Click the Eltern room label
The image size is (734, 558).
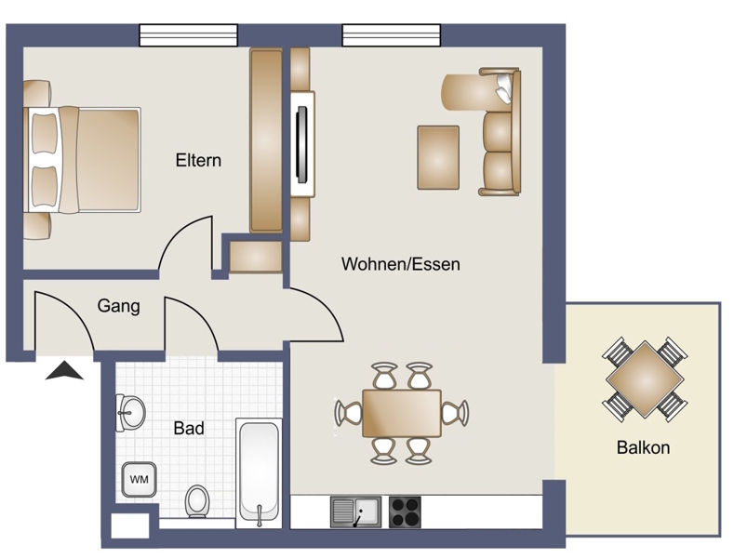(x=198, y=160)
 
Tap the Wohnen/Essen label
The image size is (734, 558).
(x=401, y=264)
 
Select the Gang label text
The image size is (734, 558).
(x=118, y=306)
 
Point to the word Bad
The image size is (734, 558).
(x=189, y=428)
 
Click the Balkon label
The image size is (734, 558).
(x=643, y=447)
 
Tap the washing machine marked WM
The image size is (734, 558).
(x=139, y=479)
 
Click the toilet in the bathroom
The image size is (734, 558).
(x=197, y=501)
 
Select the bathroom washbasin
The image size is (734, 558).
(x=131, y=413)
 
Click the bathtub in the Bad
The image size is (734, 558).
(x=259, y=473)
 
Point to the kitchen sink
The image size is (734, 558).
(x=355, y=512)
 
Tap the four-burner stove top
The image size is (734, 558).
(x=405, y=512)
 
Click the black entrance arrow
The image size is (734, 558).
(x=64, y=371)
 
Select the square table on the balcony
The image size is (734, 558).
(x=645, y=379)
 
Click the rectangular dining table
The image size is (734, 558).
(x=402, y=413)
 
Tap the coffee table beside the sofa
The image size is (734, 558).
(x=438, y=158)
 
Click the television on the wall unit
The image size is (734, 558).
(x=302, y=144)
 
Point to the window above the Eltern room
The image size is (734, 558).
(x=189, y=35)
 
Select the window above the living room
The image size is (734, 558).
(x=392, y=35)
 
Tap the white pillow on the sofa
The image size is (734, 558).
(x=503, y=87)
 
